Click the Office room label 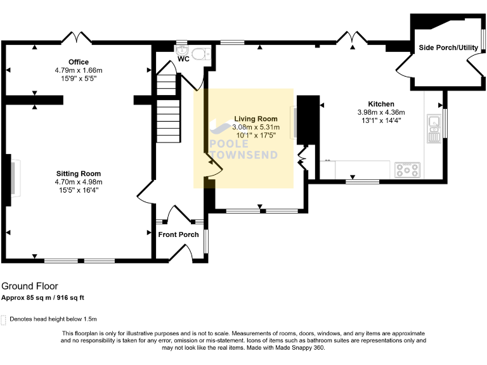point(79,62)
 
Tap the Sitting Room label point(79,173)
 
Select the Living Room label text point(256,118)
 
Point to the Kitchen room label point(381,104)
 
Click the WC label point(183,59)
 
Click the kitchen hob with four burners point(406,170)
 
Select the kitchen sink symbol point(434,128)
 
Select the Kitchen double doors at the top point(350,37)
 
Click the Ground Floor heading point(29,286)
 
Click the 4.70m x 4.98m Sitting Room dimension point(79,181)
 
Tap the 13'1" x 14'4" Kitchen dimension point(381,120)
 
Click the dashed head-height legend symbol point(4,320)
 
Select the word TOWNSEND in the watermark point(243,156)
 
